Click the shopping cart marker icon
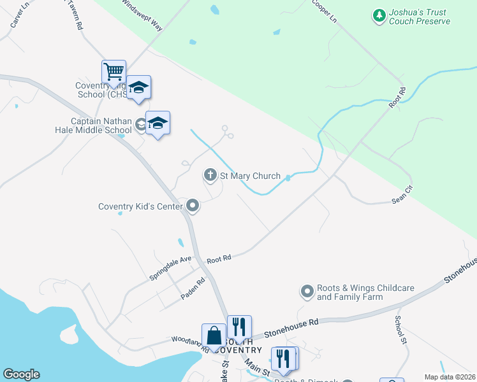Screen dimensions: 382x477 coord(114,71)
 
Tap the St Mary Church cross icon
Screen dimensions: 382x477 coord(210,174)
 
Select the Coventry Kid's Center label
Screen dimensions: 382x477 coord(140,206)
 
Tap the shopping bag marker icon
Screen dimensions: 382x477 coord(214,335)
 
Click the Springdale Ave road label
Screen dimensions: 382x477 coord(170,268)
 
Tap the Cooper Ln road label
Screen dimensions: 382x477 coord(324,11)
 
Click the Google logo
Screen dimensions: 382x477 coord(21,374)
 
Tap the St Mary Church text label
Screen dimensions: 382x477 coord(251,176)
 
